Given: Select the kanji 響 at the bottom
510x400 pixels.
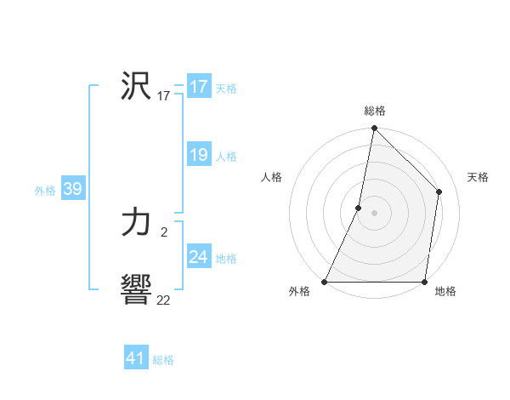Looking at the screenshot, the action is (136, 290).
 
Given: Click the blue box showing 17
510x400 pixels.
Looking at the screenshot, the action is (199, 87).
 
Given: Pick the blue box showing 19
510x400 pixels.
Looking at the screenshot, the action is (199, 155).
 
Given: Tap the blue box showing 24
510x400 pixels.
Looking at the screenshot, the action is (199, 257).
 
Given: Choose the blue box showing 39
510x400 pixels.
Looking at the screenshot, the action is (72, 189).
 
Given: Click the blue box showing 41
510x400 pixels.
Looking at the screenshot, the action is (136, 358).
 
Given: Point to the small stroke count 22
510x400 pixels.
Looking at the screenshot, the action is (163, 300).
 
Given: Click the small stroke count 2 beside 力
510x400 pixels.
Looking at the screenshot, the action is (163, 231).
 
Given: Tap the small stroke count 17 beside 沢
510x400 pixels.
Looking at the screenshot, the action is (163, 96).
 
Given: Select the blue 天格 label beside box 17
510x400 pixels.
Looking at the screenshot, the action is (226, 88).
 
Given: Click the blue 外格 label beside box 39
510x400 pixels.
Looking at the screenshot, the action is (45, 190).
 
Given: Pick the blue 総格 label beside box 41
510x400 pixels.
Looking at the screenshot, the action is (163, 359).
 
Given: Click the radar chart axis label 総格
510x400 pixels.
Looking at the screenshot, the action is (375, 111).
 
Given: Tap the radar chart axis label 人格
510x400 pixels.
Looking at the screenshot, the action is (272, 177).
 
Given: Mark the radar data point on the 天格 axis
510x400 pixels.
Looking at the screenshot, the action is (439, 191).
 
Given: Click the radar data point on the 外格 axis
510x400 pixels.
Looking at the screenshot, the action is (325, 282).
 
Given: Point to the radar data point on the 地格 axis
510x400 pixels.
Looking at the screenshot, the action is (424, 282).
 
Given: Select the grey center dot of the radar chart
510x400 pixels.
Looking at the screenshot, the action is (374, 213).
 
